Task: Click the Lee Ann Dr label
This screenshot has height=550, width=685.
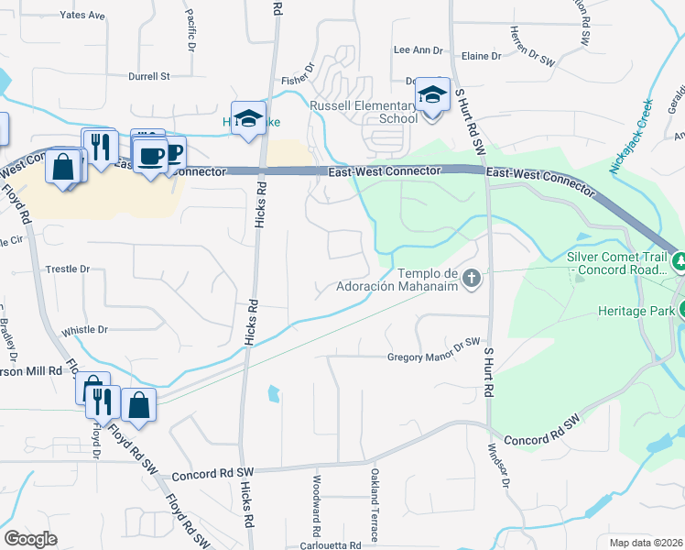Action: [x=418, y=50]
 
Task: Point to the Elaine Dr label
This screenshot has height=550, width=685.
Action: [x=482, y=56]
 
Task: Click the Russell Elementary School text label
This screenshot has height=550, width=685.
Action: [x=364, y=112]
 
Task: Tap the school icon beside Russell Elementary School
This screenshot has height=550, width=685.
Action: [x=433, y=94]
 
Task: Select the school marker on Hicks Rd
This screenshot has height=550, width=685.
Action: [x=248, y=118]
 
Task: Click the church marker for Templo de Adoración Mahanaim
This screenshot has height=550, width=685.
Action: [x=472, y=278]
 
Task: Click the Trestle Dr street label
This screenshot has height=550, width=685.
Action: [x=68, y=269]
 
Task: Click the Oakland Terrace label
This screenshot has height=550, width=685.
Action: [x=375, y=504]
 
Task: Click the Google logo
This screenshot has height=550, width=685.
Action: [x=31, y=539]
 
